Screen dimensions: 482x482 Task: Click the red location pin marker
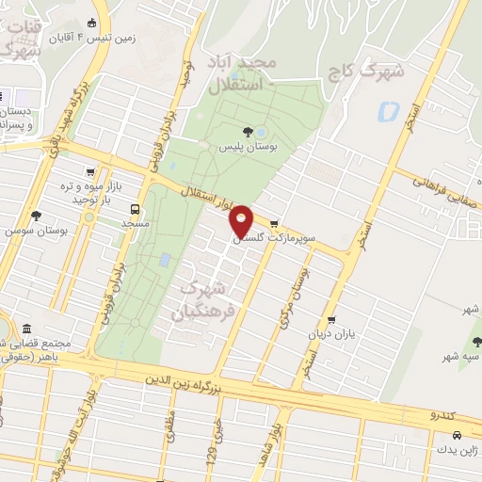(x=242, y=221)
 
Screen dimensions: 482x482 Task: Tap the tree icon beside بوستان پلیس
(x=248, y=132)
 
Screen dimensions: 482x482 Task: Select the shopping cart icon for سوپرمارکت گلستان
(x=274, y=224)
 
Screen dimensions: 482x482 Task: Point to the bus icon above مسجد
(x=136, y=209)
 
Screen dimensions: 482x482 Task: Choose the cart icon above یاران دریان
(x=330, y=321)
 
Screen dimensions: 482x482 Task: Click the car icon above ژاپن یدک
(x=457, y=436)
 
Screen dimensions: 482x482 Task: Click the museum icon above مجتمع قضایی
(x=25, y=329)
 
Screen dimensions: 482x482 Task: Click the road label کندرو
(x=442, y=415)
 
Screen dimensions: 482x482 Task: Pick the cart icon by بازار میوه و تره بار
(x=89, y=172)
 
